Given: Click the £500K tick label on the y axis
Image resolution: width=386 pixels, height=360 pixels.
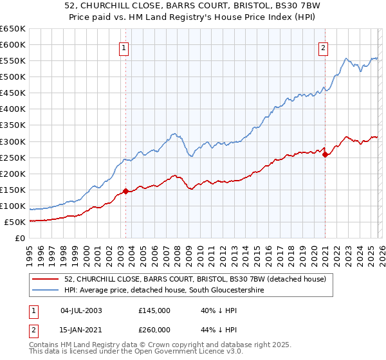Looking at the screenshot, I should pos(13,77).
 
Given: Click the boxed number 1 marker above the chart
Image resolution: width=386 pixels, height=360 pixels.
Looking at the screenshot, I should pos(123,47).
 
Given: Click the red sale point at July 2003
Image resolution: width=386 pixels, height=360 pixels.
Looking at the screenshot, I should pos(125,191).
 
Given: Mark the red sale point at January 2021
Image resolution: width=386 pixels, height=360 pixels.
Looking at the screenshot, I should pos(325,154).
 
